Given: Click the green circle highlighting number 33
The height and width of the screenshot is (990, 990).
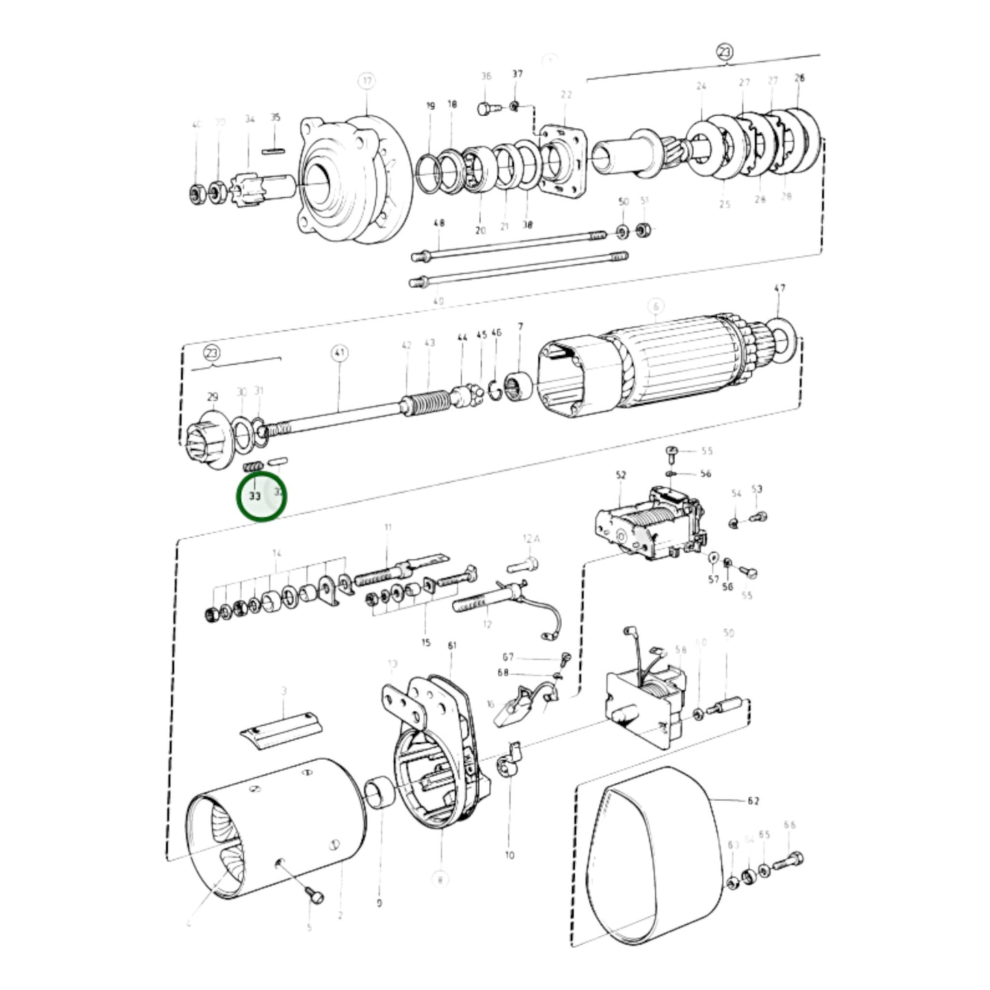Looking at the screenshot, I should (261, 495).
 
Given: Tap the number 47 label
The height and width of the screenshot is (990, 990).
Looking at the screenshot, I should (780, 288).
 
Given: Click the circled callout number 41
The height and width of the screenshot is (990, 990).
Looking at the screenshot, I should (340, 354).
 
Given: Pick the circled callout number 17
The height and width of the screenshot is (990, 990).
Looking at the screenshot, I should (367, 81).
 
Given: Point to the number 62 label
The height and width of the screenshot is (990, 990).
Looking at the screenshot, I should (753, 800).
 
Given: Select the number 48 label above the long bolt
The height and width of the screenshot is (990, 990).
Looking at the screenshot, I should (439, 223).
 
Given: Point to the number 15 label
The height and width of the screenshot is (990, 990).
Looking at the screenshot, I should (426, 643).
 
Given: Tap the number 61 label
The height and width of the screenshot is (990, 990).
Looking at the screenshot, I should (451, 645).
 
